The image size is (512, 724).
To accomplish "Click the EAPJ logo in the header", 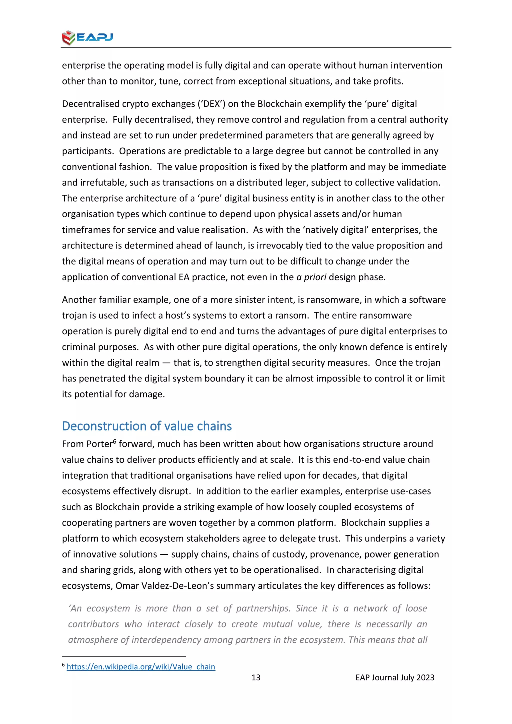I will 87,37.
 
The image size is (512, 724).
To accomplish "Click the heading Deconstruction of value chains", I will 147,426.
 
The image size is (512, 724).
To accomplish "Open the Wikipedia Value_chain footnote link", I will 141,666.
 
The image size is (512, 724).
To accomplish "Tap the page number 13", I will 256,677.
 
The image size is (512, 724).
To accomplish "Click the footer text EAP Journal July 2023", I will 395,677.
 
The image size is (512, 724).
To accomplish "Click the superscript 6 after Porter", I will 114,441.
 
